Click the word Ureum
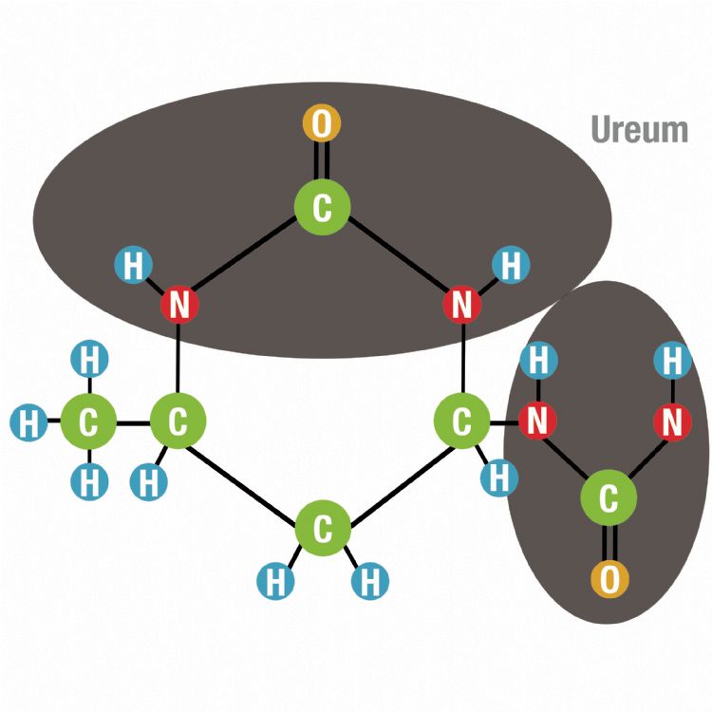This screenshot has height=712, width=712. [639, 129]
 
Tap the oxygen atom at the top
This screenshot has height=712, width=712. [322, 124]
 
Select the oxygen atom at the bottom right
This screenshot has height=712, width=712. [609, 577]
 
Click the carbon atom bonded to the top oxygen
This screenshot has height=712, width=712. [322, 206]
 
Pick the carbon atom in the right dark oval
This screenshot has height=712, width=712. [609, 496]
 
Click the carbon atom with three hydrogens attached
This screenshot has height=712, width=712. [88, 423]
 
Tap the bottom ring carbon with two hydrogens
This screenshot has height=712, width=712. [322, 530]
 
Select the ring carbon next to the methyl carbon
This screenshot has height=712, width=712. [178, 423]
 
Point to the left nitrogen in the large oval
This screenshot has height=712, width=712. [178, 306]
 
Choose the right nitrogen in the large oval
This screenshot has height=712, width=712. [461, 306]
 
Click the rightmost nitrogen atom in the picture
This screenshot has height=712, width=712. [672, 422]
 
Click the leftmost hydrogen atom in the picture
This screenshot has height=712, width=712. [28, 423]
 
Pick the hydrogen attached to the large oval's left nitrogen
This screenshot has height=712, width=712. [133, 266]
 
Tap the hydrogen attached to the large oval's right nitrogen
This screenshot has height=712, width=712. [511, 265]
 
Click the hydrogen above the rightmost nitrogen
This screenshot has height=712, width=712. [672, 361]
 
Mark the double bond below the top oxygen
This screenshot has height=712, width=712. [322, 163]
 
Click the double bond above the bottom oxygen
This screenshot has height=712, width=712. [609, 538]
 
